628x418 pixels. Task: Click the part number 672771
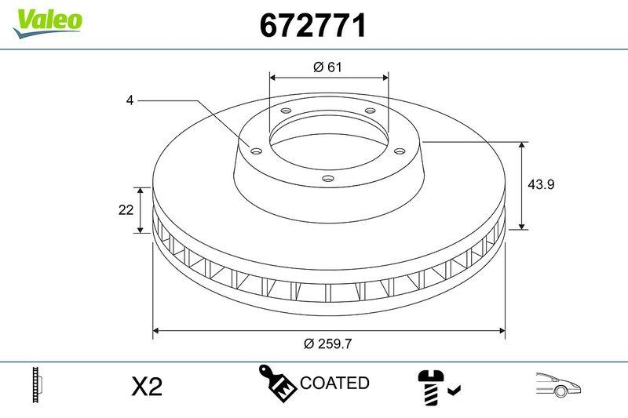click(x=313, y=27)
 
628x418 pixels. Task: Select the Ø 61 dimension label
click(x=328, y=67)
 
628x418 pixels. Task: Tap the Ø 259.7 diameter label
click(x=327, y=343)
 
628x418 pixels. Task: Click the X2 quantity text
click(x=146, y=387)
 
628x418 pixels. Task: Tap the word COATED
click(x=334, y=383)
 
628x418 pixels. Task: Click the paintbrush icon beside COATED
click(x=278, y=383)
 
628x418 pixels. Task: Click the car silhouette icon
click(x=558, y=385)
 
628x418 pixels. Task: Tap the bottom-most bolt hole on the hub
click(x=328, y=180)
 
